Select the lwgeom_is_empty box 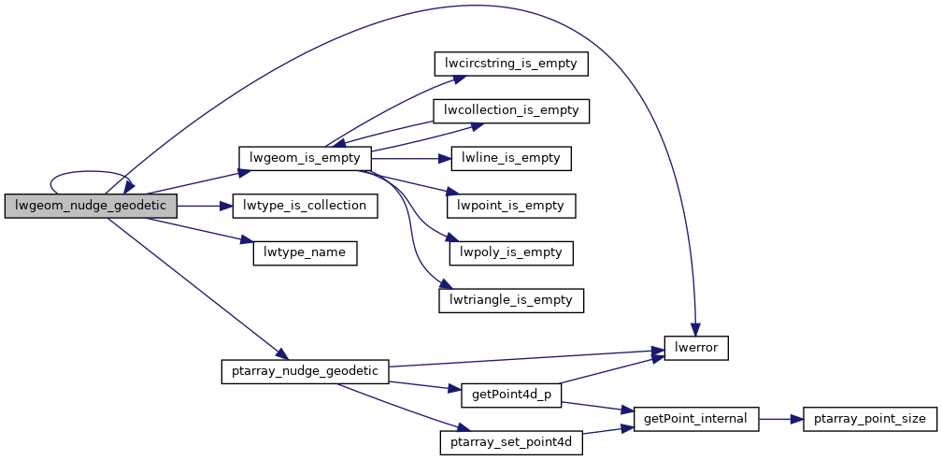tap(305, 158)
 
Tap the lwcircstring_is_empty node tap(511, 64)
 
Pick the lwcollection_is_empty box tap(511, 110)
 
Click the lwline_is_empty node tap(511, 158)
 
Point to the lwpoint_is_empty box tap(511, 205)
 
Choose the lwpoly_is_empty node tap(511, 252)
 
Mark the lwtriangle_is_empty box tap(511, 300)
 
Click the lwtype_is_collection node tap(305, 206)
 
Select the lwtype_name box tap(305, 252)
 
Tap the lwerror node tap(696, 348)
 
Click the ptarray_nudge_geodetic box tap(305, 371)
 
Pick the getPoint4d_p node tap(511, 395)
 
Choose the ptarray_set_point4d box tap(511, 441)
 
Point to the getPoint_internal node tap(696, 418)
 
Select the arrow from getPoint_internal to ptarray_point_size tap(781, 418)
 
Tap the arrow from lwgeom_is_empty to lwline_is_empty tap(411, 158)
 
